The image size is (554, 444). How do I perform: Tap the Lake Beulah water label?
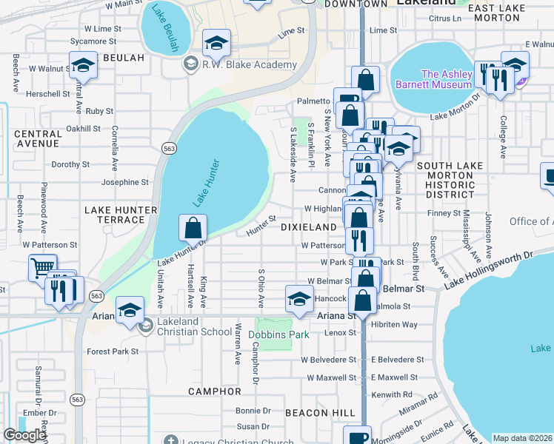(x=166, y=27)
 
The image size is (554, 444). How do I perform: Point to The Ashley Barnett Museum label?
(x=446, y=79)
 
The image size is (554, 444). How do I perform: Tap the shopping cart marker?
(x=42, y=267)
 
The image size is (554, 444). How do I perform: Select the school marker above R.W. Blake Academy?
(x=216, y=43)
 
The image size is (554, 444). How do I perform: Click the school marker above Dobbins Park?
(x=299, y=300)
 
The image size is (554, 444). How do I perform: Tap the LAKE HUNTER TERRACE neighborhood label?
(x=121, y=215)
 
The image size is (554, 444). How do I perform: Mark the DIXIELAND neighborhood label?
(x=309, y=226)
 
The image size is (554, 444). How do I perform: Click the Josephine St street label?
(x=125, y=182)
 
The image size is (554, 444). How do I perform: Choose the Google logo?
(x=24, y=435)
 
